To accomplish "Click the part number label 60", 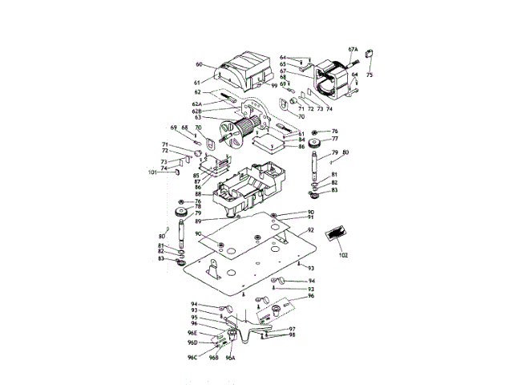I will pyautogui.click(x=199, y=64).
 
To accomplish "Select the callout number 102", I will pyautogui.click(x=343, y=255).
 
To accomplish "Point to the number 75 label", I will pyautogui.click(x=370, y=75).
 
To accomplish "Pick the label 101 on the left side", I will pyautogui.click(x=152, y=172).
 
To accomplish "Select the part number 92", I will pyautogui.click(x=309, y=229).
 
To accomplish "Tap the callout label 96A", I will pyautogui.click(x=230, y=358).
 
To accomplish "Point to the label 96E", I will pyautogui.click(x=192, y=332).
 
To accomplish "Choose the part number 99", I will pyautogui.click(x=273, y=86).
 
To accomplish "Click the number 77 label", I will pyautogui.click(x=335, y=140).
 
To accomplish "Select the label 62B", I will pyautogui.click(x=197, y=111).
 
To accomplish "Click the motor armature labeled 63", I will pyautogui.click(x=240, y=128).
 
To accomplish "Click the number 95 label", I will pyautogui.click(x=194, y=318).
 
